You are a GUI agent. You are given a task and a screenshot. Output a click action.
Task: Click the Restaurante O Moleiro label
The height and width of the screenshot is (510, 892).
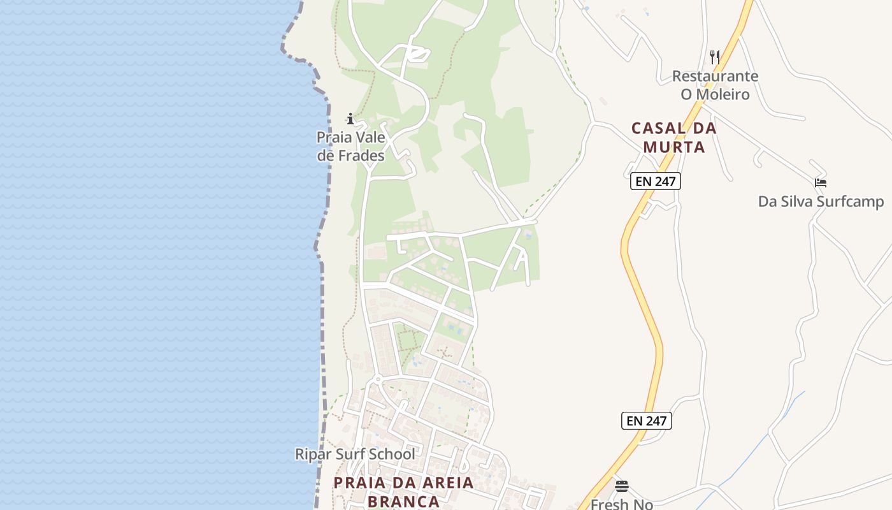pyautogui.click(x=715, y=85)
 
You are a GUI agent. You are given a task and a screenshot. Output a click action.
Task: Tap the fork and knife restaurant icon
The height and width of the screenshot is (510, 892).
pyautogui.click(x=715, y=57)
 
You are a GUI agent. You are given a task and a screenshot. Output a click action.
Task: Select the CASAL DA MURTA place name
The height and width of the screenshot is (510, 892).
pyautogui.click(x=674, y=137)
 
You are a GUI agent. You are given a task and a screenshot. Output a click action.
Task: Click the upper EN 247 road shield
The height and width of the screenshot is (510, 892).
pyautogui.click(x=656, y=181)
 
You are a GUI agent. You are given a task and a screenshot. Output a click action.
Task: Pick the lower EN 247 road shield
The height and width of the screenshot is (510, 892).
pyautogui.click(x=646, y=421)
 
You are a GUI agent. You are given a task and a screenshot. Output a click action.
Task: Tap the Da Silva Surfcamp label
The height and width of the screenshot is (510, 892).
pyautogui.click(x=821, y=201)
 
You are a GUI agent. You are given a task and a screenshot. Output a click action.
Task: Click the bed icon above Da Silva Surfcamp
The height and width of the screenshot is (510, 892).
pyautogui.click(x=821, y=182)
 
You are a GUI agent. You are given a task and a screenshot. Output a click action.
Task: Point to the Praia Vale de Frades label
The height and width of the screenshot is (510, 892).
pyautogui.click(x=351, y=147)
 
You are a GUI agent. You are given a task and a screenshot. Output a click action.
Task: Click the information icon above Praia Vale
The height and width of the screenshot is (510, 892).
pyautogui.click(x=350, y=119)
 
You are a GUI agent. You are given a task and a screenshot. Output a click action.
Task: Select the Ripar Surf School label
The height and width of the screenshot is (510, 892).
pyautogui.click(x=355, y=454)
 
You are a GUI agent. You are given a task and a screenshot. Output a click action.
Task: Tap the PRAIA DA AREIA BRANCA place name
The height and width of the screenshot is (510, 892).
pyautogui.click(x=404, y=492)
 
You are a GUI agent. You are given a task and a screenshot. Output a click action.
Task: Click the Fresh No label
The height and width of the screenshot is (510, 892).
pyautogui.click(x=622, y=504)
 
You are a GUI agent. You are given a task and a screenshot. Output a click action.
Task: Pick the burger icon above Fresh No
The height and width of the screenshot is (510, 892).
pyautogui.click(x=622, y=486)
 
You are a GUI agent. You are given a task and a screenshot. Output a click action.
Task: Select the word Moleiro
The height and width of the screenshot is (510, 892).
pyautogui.click(x=715, y=94)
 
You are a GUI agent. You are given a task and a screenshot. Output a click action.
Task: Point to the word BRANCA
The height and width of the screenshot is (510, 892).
pyautogui.click(x=404, y=501)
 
